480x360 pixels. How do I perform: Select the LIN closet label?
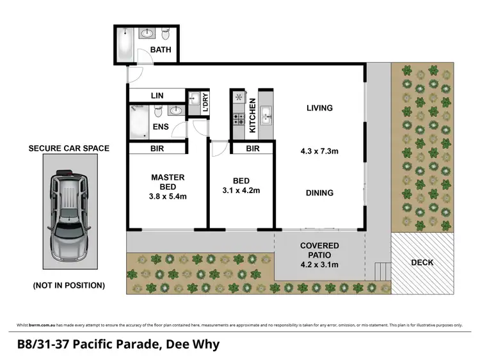pos(157,96)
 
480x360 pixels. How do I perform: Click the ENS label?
pos(161,127)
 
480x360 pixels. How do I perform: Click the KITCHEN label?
pos(253,116)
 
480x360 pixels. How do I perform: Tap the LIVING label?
pos(319,108)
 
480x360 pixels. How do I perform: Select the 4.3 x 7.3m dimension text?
pos(319,152)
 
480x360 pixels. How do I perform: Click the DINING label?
pos(319,192)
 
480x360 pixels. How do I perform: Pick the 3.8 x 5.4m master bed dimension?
pos(168,196)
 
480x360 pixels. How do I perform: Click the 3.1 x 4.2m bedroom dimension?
pos(240,190)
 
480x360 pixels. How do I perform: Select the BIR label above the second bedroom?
pos(252,149)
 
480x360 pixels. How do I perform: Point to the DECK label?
pos(422,262)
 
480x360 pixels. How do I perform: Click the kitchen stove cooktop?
pos(239,119)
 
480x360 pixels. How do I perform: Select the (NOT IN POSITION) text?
pos(68,286)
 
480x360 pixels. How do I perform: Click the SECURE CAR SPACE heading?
pos(68,148)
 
